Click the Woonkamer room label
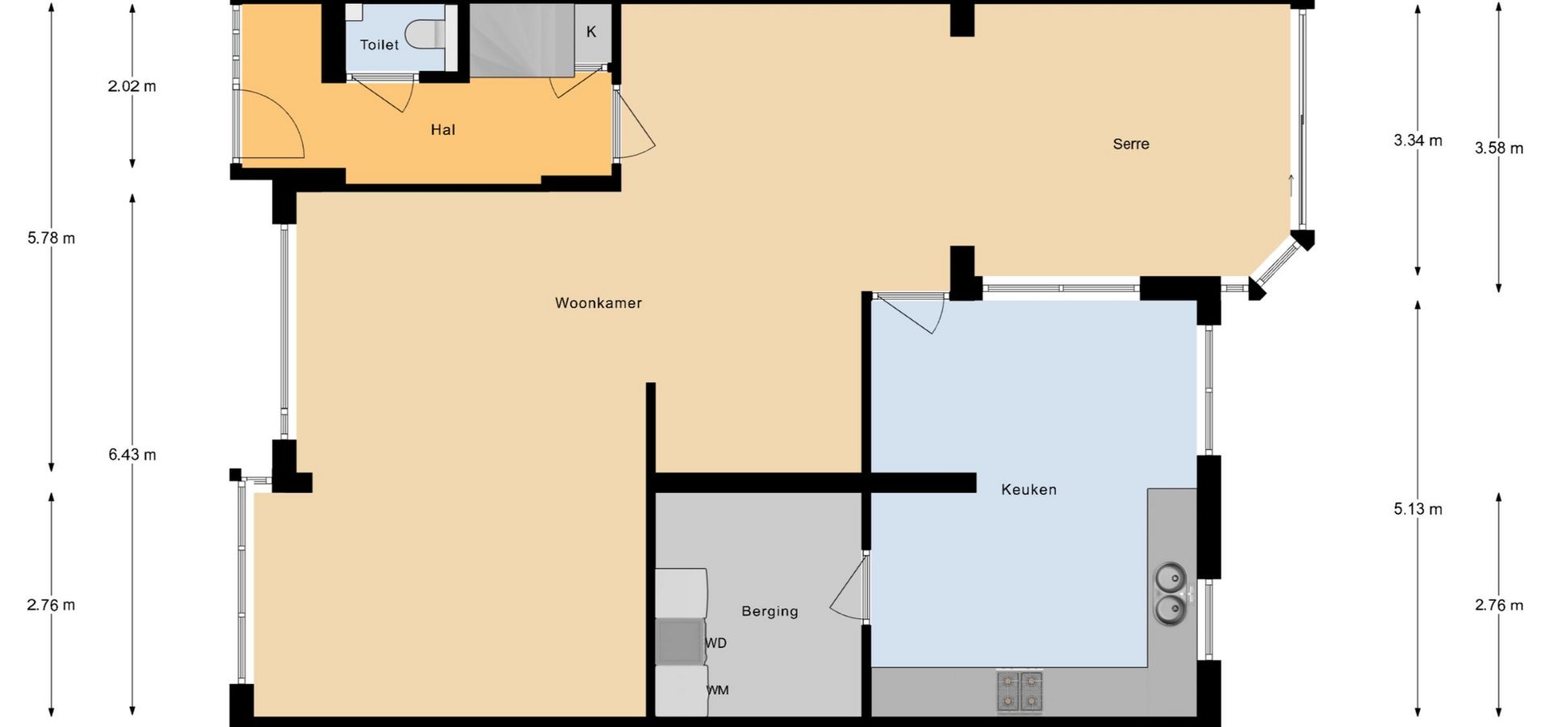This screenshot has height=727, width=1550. point(598,303)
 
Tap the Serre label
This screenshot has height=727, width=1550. point(1130,144)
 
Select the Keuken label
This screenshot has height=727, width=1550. point(1028,489)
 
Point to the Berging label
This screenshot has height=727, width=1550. point(769,611)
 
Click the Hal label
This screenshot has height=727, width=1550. point(442,129)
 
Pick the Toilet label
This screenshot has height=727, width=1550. point(379,44)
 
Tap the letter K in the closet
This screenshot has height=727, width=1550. point(591,32)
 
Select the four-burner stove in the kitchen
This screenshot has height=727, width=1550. point(1020,691)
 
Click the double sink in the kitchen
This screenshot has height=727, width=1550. point(1170,594)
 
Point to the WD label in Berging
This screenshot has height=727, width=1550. point(716,643)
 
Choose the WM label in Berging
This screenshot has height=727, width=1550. point(718,690)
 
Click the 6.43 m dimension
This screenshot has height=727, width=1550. point(132,455)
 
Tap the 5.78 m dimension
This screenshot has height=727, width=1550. point(51,238)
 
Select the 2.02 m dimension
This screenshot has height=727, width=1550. point(132,86)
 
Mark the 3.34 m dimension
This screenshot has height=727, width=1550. point(1418,141)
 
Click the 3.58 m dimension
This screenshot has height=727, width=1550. point(1499,149)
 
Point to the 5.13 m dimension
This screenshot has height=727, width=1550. point(1418,510)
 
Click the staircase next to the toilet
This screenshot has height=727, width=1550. point(522,40)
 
